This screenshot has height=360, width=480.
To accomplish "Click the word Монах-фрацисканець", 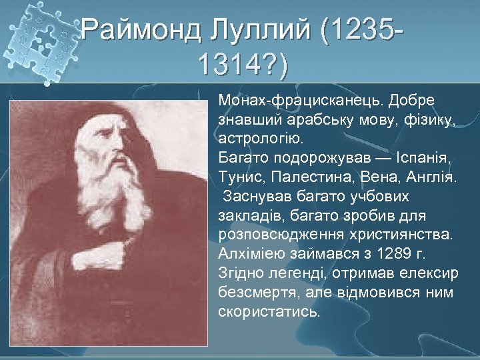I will tap(300, 100).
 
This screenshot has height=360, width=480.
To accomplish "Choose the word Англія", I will tap(433, 179).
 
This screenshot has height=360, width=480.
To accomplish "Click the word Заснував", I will tap(257, 197).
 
